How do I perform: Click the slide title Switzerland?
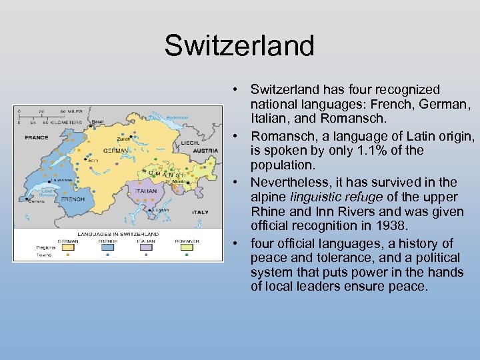(x=239, y=45)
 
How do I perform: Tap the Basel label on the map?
(x=97, y=122)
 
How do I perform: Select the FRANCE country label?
(x=36, y=137)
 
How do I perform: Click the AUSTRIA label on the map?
(x=206, y=150)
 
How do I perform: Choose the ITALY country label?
(x=200, y=212)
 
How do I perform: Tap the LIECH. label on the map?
(x=191, y=142)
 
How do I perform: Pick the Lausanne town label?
(x=54, y=181)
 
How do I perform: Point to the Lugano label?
(x=160, y=209)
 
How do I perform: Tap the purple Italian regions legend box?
(x=146, y=247)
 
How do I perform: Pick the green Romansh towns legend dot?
(x=186, y=254)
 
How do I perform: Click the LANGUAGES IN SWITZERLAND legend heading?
(x=117, y=234)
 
